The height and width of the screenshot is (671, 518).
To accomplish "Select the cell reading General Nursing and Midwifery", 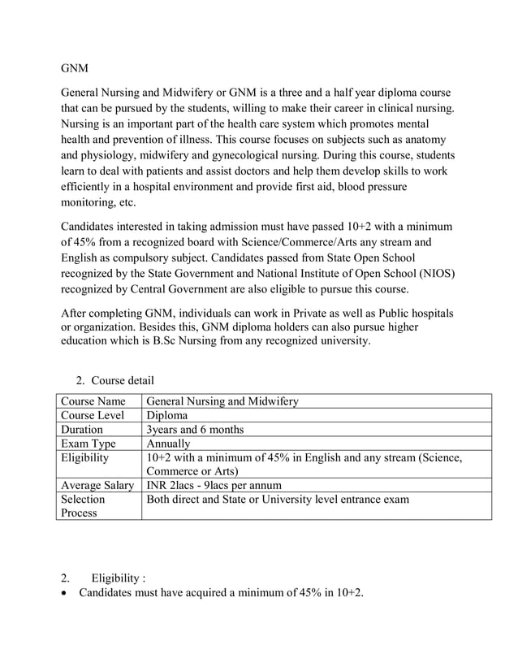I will [x=222, y=400].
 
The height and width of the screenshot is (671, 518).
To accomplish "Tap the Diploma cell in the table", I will [x=167, y=415].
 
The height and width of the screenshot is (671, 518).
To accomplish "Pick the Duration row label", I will [x=82, y=430].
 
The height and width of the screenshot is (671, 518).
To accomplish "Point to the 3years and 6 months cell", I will [x=195, y=430].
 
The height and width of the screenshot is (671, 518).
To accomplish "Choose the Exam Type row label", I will [x=88, y=444].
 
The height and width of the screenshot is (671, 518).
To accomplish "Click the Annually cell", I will [x=169, y=444].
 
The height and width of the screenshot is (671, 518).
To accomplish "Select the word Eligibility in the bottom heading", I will [x=116, y=578].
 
